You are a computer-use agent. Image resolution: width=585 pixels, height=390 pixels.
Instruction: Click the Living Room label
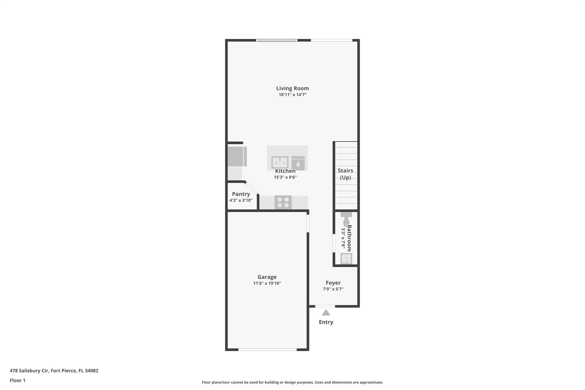pos(292,88)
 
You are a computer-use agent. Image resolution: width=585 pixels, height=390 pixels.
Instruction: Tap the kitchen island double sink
pos(280,163)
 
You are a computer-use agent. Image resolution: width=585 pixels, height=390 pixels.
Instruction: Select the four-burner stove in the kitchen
pos(283,203)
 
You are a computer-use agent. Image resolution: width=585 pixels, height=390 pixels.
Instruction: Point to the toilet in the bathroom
pos(346,219)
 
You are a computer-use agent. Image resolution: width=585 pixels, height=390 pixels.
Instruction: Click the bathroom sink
pos(346,259)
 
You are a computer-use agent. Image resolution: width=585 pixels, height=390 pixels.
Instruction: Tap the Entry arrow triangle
pos(326,313)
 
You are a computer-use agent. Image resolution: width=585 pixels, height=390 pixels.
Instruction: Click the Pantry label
pos(241,194)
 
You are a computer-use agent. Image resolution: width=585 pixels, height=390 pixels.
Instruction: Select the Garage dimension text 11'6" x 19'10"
pos(267,283)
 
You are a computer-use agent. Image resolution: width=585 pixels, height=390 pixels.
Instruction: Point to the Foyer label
pos(333,283)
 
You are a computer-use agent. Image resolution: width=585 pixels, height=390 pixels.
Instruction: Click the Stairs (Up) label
pos(345,174)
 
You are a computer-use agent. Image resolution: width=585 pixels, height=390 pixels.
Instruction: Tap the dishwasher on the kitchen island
pos(298,163)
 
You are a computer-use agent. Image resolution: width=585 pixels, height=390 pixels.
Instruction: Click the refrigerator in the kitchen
pos(237,156)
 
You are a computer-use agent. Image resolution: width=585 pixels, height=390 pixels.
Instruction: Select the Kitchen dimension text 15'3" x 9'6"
pos(285,177)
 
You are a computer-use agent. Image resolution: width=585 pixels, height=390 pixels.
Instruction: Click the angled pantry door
pos(252,188)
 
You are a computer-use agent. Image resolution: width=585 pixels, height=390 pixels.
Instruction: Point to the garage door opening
pos(268,349)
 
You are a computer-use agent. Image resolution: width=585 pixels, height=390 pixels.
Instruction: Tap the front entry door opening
pos(325,306)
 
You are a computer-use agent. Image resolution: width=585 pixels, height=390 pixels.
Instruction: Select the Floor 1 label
pos(17,380)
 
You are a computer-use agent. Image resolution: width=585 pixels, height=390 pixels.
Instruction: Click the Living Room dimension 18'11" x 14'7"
pos(292,95)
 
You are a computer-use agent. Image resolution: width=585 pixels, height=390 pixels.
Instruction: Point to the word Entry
pos(326,322)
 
